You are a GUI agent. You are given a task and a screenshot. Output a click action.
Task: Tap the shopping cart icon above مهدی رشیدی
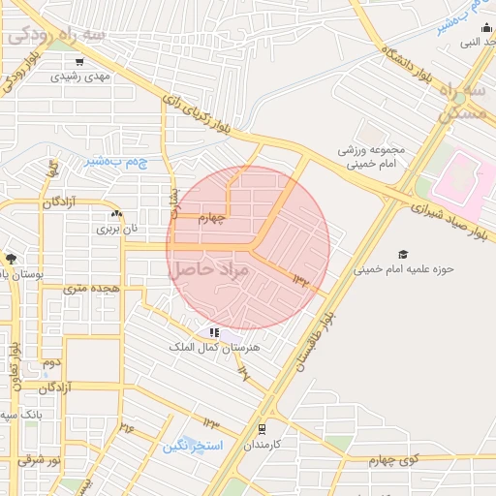[x=79, y=62]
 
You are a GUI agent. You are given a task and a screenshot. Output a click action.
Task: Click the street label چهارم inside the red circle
[x=211, y=218]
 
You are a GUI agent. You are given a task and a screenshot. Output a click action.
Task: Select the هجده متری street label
[x=90, y=289]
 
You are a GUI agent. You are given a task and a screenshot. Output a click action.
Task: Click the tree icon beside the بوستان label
[x=11, y=259]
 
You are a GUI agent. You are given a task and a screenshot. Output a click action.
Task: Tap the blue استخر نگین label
[x=193, y=447]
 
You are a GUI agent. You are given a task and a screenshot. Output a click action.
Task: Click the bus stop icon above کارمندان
[x=262, y=428]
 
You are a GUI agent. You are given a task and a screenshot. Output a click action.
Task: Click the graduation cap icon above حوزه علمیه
[x=402, y=254]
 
